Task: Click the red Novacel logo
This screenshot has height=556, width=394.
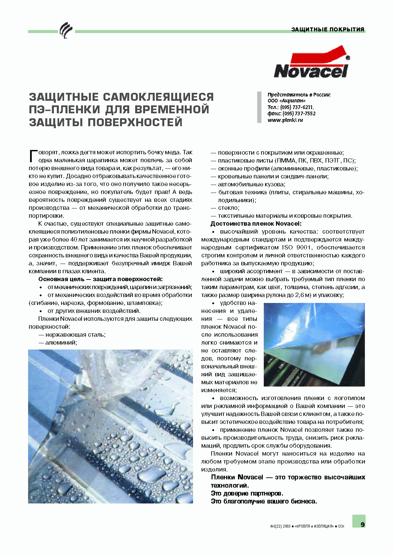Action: point(311,62)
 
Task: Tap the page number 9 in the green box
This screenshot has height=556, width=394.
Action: point(362,525)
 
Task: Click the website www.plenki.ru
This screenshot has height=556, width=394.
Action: point(285,120)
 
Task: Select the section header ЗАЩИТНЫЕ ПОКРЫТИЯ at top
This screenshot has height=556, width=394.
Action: point(328,29)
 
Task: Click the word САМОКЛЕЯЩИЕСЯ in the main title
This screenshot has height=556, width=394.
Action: point(158,97)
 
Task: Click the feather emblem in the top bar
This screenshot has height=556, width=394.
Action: point(65,30)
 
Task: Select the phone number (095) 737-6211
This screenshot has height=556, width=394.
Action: point(296,107)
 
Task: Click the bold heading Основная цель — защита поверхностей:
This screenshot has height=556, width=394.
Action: point(100,279)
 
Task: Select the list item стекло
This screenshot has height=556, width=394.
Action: point(228,208)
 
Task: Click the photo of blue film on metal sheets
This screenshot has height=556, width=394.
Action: point(314,345)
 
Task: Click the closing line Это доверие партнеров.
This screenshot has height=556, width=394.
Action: point(247,493)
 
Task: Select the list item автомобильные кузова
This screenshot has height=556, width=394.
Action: point(251,184)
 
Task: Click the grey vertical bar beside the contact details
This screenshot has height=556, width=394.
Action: point(259,107)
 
